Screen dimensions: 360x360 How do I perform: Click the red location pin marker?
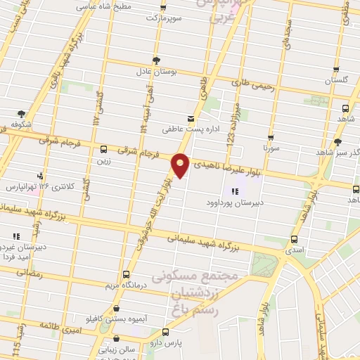[x=181, y=165]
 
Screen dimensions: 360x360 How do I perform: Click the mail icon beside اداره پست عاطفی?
[x=191, y=118]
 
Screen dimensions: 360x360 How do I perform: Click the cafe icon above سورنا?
[x=271, y=138]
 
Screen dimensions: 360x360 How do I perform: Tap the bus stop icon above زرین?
[x=103, y=148]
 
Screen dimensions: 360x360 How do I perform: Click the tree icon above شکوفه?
[x=22, y=113]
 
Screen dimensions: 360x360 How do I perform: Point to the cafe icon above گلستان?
[x=336, y=70]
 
